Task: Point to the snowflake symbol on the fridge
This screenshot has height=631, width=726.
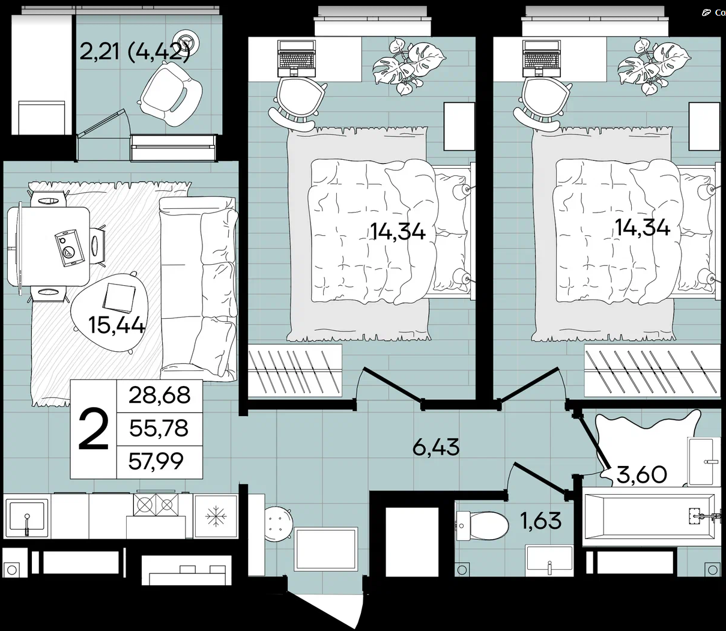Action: (x=216, y=516)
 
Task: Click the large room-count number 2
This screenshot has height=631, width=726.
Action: (x=93, y=429)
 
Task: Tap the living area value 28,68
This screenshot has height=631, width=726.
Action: (x=159, y=395)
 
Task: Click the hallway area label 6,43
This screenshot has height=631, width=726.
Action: (x=436, y=447)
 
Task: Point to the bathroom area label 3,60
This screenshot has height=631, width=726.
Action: (x=641, y=474)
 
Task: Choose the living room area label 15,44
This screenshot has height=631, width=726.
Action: (x=116, y=325)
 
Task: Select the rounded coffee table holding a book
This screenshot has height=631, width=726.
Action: (x=109, y=312)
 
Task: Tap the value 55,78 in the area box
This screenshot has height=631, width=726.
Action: (x=159, y=428)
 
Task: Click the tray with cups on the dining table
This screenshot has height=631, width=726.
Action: (x=70, y=248)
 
